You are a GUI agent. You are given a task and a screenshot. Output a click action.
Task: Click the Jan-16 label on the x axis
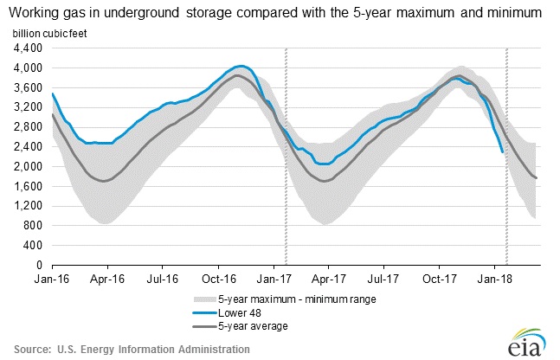pyautogui.click(x=51, y=280)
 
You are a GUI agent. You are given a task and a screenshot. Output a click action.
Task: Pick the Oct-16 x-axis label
pyautogui.click(x=219, y=280)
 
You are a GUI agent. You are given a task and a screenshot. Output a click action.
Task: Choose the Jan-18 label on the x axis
pyautogui.click(x=493, y=280)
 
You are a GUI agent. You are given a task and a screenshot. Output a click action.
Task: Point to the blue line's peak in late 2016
pyautogui.click(x=241, y=66)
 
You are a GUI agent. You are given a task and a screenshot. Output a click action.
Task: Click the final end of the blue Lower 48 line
pyautogui.click(x=503, y=152)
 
